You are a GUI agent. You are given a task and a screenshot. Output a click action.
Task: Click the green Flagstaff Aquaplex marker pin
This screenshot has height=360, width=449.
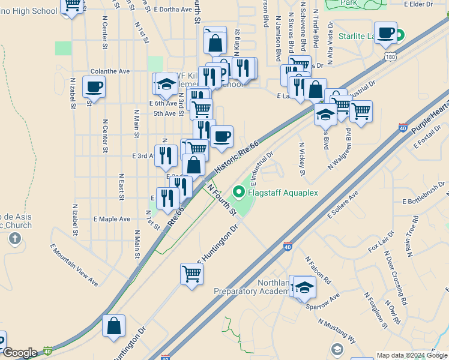coord(239,193)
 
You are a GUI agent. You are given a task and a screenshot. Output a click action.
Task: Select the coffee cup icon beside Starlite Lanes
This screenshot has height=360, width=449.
coord(385,32)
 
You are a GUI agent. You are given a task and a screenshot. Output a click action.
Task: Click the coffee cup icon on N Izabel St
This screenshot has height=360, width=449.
coord(94,86)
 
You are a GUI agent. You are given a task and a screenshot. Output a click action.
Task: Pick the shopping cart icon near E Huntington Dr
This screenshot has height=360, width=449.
coord(191,274)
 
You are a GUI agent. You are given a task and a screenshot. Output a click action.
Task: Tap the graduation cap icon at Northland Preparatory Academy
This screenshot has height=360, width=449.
coord(305,287)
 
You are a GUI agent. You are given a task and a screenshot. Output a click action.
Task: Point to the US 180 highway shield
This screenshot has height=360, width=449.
coord(390,56)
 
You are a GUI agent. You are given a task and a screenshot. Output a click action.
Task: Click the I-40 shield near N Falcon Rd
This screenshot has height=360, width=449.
coord(288,246)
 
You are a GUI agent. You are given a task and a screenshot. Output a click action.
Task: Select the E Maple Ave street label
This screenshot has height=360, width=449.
coord(112,219)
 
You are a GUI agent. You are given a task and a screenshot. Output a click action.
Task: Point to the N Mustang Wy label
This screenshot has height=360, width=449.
coord(337,331)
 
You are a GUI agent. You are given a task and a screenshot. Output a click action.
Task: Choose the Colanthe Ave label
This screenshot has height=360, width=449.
coord(110,71)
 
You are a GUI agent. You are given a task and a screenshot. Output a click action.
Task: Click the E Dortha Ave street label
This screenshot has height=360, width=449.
coord(173,10)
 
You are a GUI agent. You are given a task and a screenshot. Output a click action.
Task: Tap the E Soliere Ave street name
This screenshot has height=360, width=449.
coord(343,205)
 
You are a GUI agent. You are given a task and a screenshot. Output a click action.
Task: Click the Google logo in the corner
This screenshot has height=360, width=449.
coord(20,353)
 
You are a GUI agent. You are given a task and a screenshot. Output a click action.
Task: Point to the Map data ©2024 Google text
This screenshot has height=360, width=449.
coord(412,355)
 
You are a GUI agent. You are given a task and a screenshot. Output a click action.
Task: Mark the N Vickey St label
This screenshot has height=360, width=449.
coord(302,159)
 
